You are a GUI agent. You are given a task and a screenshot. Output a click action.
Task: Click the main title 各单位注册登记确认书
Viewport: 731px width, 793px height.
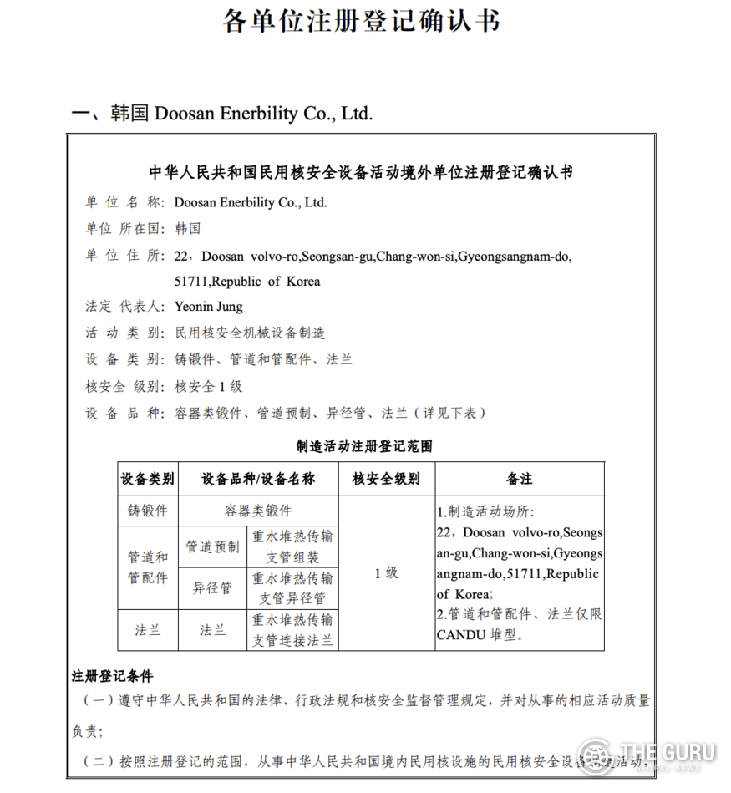coord(362,22)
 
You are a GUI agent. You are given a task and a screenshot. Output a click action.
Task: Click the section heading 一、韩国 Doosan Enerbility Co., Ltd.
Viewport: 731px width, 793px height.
coord(221,114)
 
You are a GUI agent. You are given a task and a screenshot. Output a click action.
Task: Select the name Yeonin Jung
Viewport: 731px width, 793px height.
coord(208,307)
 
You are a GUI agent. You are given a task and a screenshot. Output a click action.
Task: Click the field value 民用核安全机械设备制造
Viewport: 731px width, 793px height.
coord(249,333)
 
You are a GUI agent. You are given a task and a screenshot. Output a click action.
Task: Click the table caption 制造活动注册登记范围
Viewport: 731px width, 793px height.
coord(364,447)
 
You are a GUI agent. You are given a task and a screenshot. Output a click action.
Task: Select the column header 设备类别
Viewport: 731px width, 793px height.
coord(148,480)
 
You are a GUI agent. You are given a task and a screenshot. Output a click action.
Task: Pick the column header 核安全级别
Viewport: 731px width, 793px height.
coord(386,480)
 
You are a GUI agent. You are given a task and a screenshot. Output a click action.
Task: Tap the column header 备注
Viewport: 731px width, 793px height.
coord(519,480)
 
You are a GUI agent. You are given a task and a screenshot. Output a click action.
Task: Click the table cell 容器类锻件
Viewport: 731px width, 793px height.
coord(258,511)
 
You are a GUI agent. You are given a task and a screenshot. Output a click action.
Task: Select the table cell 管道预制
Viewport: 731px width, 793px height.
coord(212,546)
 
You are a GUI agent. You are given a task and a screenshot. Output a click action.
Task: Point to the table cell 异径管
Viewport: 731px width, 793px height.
coord(212,588)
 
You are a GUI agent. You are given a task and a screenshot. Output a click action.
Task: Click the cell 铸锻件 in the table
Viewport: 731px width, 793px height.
coord(148,511)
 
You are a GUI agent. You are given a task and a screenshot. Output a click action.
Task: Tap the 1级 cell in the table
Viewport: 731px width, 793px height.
coord(386,573)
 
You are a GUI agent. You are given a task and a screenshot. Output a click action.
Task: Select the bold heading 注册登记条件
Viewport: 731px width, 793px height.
coord(112,675)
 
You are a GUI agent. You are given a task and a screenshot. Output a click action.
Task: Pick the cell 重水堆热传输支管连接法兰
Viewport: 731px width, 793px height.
coord(292,630)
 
